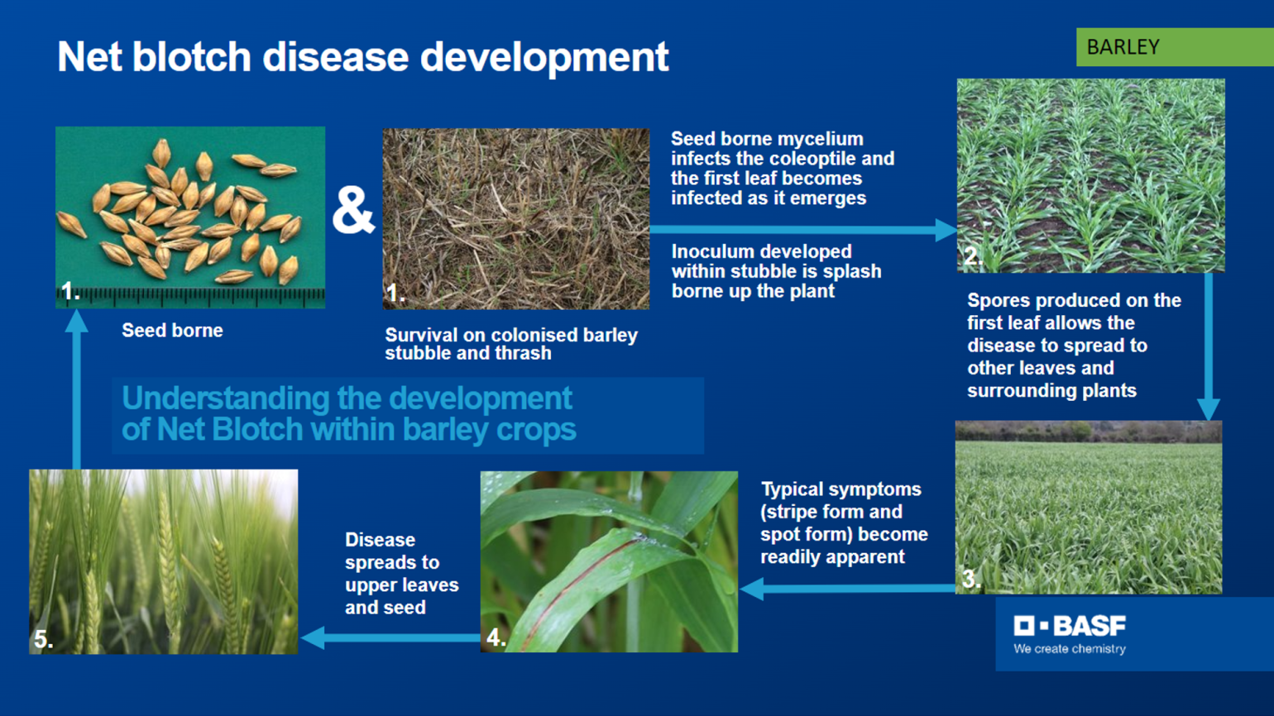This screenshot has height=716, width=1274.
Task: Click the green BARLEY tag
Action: [1173, 47]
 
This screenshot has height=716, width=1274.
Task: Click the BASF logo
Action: [1070, 626]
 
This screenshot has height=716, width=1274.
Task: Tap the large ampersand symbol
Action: [353, 210]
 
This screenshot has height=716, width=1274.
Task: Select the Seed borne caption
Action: [172, 331]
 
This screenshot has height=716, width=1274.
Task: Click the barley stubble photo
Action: [516, 219]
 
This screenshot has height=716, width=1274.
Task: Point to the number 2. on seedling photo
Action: [973, 256]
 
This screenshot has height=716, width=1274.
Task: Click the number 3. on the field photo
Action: [970, 580]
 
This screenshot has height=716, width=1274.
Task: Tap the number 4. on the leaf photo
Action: [496, 637]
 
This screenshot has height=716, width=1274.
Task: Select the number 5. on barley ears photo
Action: [43, 640]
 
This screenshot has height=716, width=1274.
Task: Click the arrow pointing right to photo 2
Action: [802, 230]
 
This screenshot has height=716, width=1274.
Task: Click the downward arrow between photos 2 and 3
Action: [1209, 347]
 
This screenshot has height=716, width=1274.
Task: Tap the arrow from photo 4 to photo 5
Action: [389, 637]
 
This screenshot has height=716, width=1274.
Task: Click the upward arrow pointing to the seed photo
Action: [77, 389]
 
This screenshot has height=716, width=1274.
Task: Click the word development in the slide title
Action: [544, 58]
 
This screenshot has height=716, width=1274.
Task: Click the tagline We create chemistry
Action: [1070, 649]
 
